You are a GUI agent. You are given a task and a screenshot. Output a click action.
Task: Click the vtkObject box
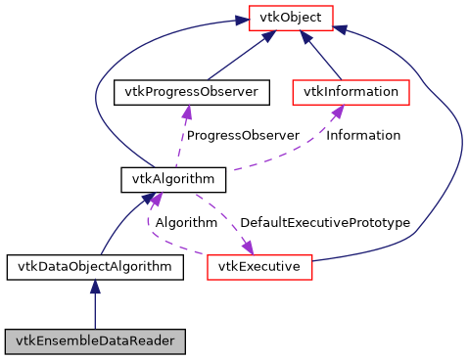point(291,17)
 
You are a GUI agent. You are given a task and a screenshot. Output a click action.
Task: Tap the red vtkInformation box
point(351,92)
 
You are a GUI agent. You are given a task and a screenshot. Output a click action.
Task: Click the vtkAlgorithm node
point(173,179)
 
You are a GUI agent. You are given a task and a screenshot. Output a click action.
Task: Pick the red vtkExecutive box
point(258,266)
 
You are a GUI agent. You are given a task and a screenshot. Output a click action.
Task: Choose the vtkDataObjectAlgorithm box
point(94,266)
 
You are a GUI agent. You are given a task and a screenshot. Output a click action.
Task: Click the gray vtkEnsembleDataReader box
point(94,341)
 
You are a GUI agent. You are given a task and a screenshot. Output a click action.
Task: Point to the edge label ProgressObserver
point(242,135)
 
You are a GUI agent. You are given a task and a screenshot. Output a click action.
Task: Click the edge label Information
point(362,135)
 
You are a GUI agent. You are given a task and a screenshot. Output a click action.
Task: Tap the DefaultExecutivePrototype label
point(324,222)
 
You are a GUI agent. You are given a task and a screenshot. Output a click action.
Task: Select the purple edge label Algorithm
point(186,222)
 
